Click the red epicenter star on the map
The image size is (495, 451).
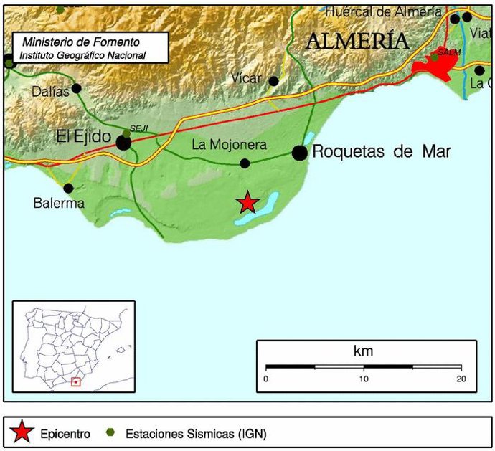(x=247, y=203)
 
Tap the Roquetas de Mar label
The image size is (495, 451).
(x=381, y=152)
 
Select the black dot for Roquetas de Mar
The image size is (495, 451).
(x=300, y=152)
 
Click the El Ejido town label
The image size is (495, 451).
(x=86, y=136)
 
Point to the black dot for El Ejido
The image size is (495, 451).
(x=123, y=143)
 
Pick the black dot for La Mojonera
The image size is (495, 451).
(x=245, y=163)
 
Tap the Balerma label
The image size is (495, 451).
(x=59, y=203)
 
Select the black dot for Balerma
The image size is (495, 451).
(x=68, y=189)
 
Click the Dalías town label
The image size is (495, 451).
(x=51, y=91)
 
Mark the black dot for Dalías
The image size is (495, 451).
(x=77, y=89)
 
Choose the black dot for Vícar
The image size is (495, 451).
(x=273, y=80)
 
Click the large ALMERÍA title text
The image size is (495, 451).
(x=357, y=42)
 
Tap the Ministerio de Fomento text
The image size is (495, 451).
(x=81, y=42)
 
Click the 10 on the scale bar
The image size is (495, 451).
(x=364, y=379)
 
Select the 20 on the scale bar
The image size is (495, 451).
(x=461, y=379)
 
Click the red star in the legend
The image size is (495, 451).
(x=23, y=432)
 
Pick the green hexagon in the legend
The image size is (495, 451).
(x=110, y=432)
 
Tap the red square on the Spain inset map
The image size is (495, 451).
(x=75, y=382)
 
